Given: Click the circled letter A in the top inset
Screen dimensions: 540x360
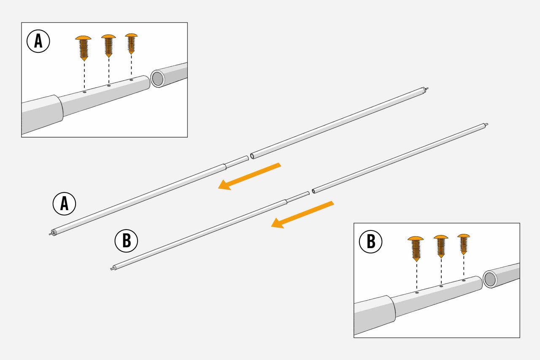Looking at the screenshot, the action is [x=38, y=41].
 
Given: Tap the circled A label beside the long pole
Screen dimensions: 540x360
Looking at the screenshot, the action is [x=64, y=204].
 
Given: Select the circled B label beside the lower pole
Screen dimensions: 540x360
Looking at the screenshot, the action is [x=126, y=241].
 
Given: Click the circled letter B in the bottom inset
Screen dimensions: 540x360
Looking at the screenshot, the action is [x=370, y=241].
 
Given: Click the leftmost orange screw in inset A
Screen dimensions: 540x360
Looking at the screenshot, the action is [x=84, y=48].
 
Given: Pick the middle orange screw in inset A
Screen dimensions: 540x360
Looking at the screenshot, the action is [x=108, y=46].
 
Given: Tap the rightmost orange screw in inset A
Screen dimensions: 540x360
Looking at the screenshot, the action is [x=131, y=44].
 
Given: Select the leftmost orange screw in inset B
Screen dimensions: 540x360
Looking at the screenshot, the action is [x=416, y=249].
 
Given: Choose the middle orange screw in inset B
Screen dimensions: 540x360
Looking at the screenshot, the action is [x=441, y=246].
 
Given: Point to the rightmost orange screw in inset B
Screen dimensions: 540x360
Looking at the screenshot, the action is [x=464, y=244].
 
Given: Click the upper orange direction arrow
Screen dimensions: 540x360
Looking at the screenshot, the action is [x=249, y=176].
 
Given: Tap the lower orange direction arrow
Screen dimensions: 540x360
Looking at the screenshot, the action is [x=302, y=214].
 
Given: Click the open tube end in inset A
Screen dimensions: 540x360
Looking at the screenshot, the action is [x=158, y=79].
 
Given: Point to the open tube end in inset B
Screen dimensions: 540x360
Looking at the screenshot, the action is [x=490, y=279].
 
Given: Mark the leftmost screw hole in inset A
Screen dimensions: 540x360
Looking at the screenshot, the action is [x=84, y=92].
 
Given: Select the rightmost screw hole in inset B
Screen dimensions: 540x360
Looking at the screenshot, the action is [x=464, y=280].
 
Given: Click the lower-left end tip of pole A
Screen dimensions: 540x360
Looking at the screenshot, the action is [x=50, y=234].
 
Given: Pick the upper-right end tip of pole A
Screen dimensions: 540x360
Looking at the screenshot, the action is [x=427, y=89].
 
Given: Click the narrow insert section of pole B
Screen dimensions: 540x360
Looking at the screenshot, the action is [x=298, y=197].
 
